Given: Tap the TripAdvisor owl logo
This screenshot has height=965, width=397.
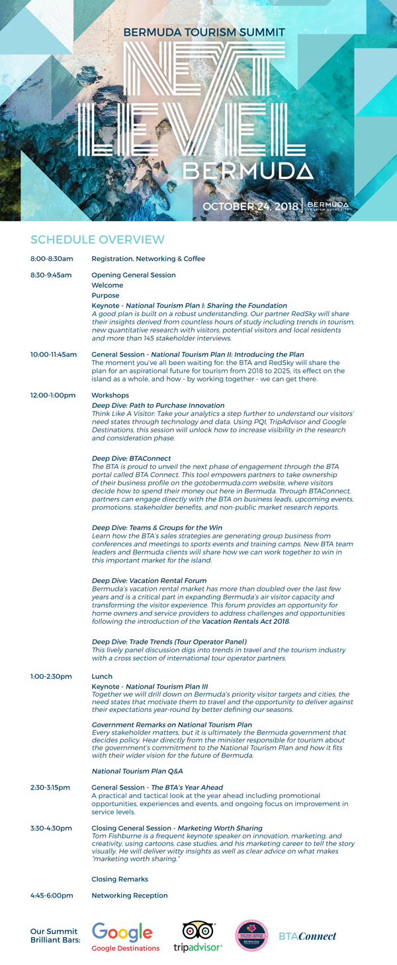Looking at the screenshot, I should click(198, 931).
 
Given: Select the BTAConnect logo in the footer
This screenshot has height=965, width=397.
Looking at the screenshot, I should click(307, 936).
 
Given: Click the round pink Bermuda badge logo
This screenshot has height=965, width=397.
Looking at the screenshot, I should click(251, 936).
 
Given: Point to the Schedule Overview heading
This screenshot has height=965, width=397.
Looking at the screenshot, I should click(97, 239).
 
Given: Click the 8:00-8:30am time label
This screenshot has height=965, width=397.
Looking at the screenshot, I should click(52, 259).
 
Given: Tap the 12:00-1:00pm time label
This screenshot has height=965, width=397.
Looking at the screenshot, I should click(53, 395).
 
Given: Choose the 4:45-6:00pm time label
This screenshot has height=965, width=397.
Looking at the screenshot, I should click(52, 895).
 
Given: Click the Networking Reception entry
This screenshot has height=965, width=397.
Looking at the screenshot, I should click(129, 895).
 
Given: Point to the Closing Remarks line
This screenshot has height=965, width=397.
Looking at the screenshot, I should click(120, 879).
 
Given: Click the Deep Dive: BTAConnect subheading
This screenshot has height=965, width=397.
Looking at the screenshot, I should click(131, 458).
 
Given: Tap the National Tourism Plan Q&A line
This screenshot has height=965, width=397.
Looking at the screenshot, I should click(137, 771).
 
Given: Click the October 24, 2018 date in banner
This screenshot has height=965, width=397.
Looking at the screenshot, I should click(250, 207).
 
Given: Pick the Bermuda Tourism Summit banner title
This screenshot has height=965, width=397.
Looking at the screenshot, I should click(204, 32).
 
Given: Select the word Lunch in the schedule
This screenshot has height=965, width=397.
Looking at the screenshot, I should click(102, 677).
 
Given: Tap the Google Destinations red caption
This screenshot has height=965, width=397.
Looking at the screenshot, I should click(126, 948).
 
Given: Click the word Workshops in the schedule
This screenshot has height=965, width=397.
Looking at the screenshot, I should click(110, 395).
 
